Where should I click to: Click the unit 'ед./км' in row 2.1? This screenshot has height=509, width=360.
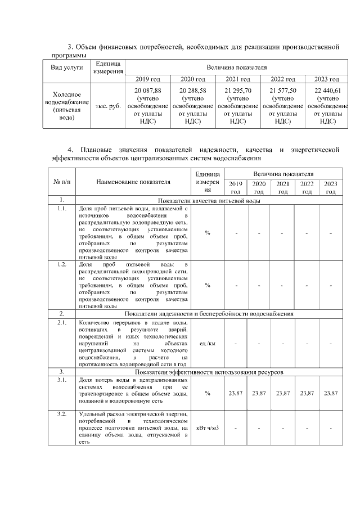click(208, 343)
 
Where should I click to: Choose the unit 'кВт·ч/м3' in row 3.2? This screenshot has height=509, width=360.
click(208, 428)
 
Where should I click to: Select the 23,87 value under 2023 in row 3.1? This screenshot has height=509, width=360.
click(331, 393)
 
